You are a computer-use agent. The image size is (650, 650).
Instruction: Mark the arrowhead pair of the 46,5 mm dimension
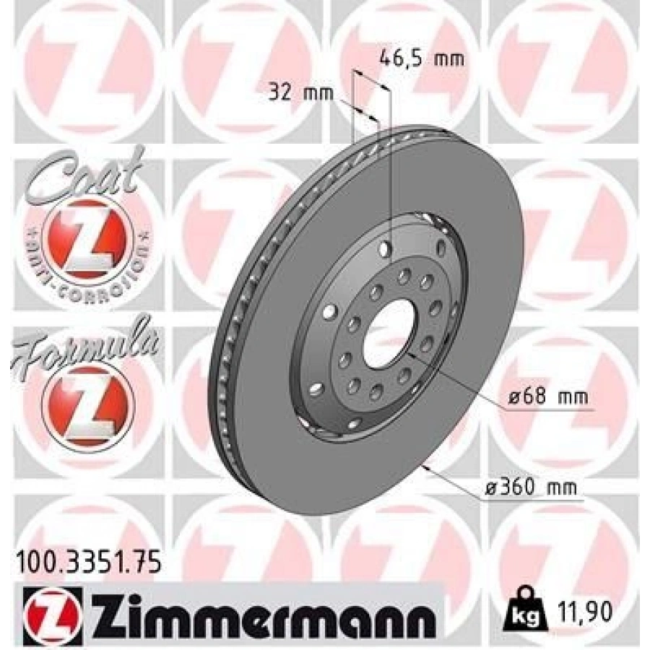pos(371,82)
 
